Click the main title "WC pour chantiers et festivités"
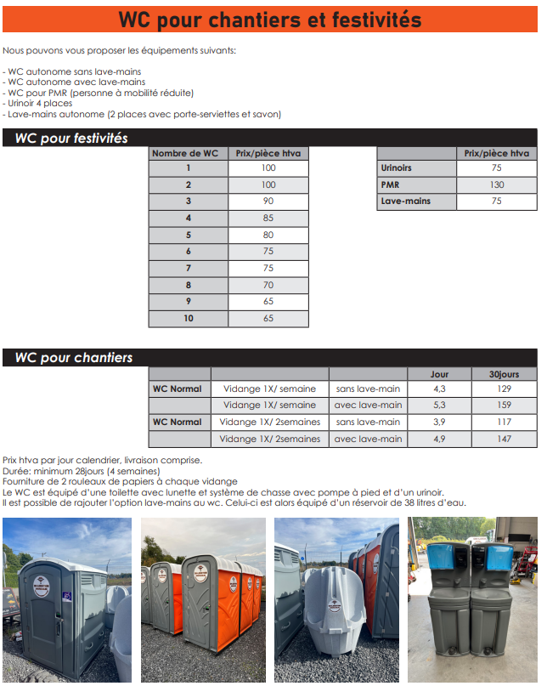click(x=269, y=19)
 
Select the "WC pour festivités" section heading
click(x=71, y=138)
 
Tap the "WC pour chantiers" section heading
click(x=74, y=358)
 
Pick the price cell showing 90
click(x=268, y=201)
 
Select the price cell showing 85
click(x=268, y=218)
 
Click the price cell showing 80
click(x=268, y=235)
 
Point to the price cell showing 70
click(x=268, y=286)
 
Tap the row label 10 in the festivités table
click(x=188, y=319)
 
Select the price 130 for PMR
click(x=496, y=184)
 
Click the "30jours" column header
click(x=504, y=373)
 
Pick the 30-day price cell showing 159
click(x=504, y=405)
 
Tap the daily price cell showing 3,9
click(x=439, y=422)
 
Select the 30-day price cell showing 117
click(x=504, y=422)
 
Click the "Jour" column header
click(x=439, y=373)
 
